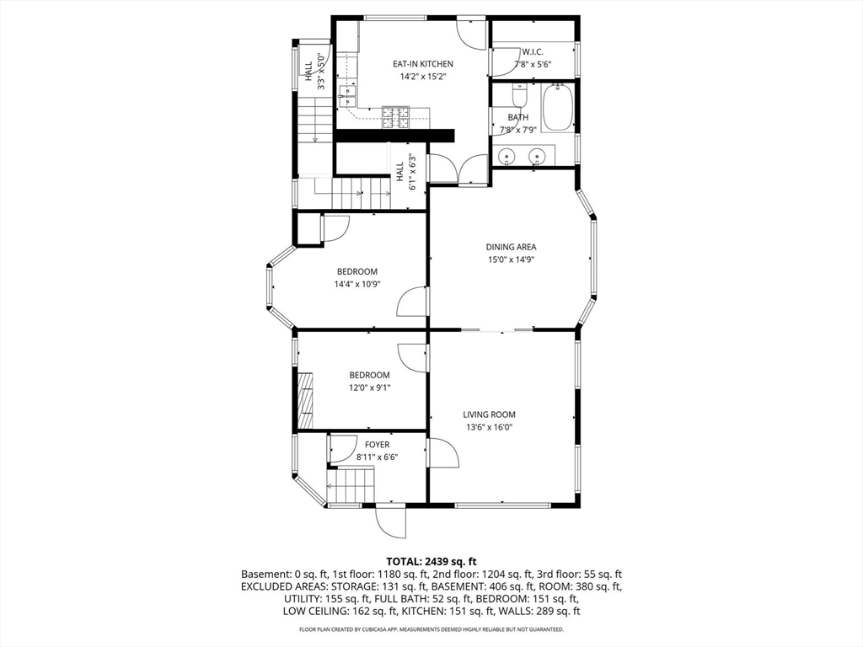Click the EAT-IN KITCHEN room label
423,64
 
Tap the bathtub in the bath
558,108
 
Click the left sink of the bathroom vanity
507,157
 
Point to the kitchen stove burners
396,117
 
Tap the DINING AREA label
511,247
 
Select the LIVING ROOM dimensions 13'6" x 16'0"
489,427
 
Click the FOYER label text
377,445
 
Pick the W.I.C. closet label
533,51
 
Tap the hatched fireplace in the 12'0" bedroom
305,400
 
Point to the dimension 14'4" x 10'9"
357,285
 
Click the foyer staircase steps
351,485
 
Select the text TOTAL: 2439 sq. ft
431,562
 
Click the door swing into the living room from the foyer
443,453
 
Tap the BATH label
518,117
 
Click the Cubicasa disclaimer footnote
431,629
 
